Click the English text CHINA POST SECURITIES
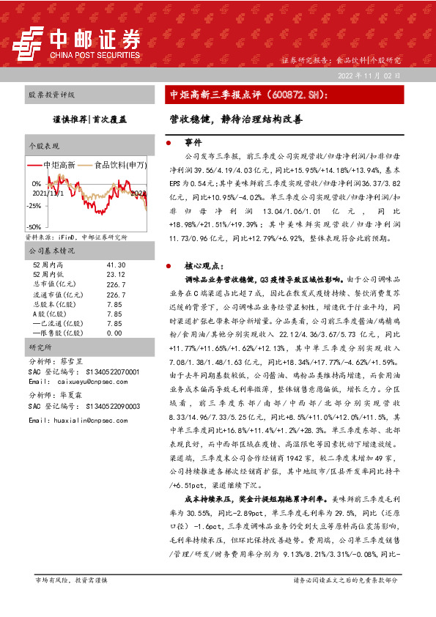95,54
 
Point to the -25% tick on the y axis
34,206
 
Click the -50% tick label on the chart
34,227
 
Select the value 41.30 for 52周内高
116,264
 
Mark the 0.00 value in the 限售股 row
114,332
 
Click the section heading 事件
192,143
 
